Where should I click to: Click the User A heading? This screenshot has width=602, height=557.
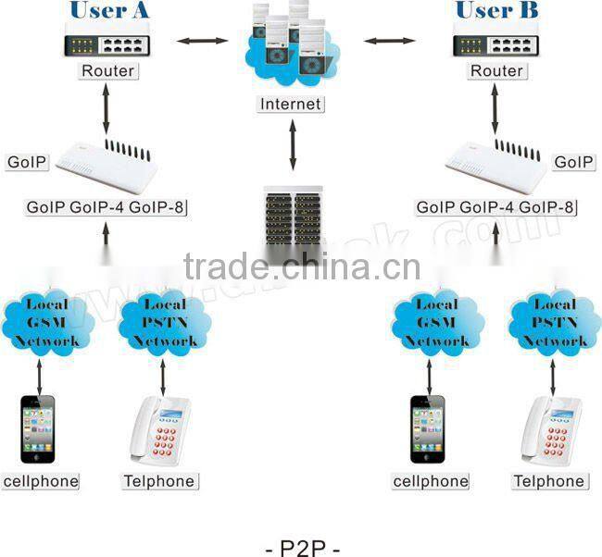click(x=108, y=11)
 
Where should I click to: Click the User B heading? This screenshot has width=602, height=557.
click(x=497, y=11)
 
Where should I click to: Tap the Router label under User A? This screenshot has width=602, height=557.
click(x=108, y=70)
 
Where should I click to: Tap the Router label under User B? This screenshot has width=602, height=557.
click(x=497, y=70)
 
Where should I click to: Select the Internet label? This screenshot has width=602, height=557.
click(x=292, y=104)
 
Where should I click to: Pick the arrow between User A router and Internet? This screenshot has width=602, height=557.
click(x=203, y=41)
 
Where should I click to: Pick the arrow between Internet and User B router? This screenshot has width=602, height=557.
click(x=389, y=41)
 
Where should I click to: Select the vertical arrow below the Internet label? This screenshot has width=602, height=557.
click(x=293, y=146)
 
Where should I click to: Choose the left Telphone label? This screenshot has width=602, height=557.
click(x=160, y=481)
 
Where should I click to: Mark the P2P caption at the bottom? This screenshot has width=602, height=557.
click(x=302, y=548)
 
